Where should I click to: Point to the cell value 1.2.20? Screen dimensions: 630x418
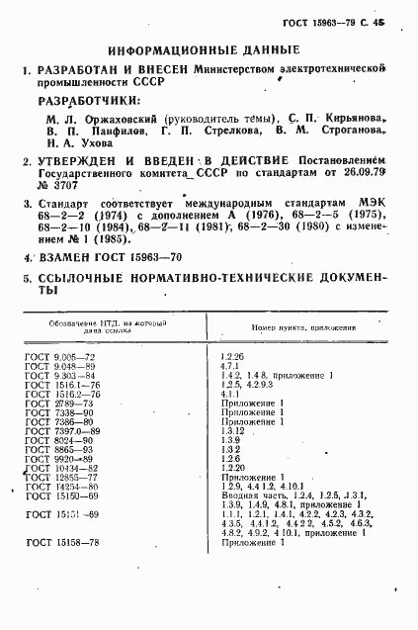pyautogui.click(x=235, y=470)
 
